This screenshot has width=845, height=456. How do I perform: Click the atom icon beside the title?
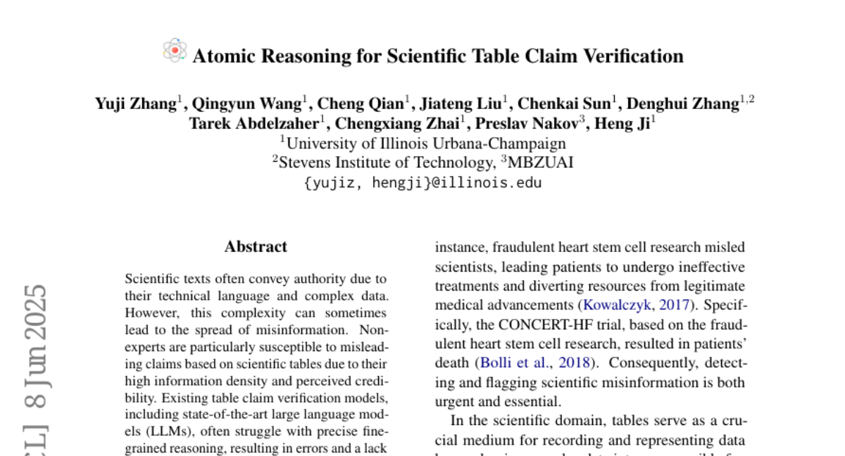[x=174, y=51]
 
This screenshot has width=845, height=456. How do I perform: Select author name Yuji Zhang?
[x=135, y=104]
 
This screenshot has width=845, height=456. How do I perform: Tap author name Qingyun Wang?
[x=248, y=104]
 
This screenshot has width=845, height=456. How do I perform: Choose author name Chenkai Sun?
[x=563, y=104]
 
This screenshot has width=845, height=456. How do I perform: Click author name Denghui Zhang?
[x=682, y=104]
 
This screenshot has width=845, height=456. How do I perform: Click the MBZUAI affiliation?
[x=539, y=163]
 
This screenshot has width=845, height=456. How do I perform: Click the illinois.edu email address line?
[x=423, y=183]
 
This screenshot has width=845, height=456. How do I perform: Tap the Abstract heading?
[x=256, y=247]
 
